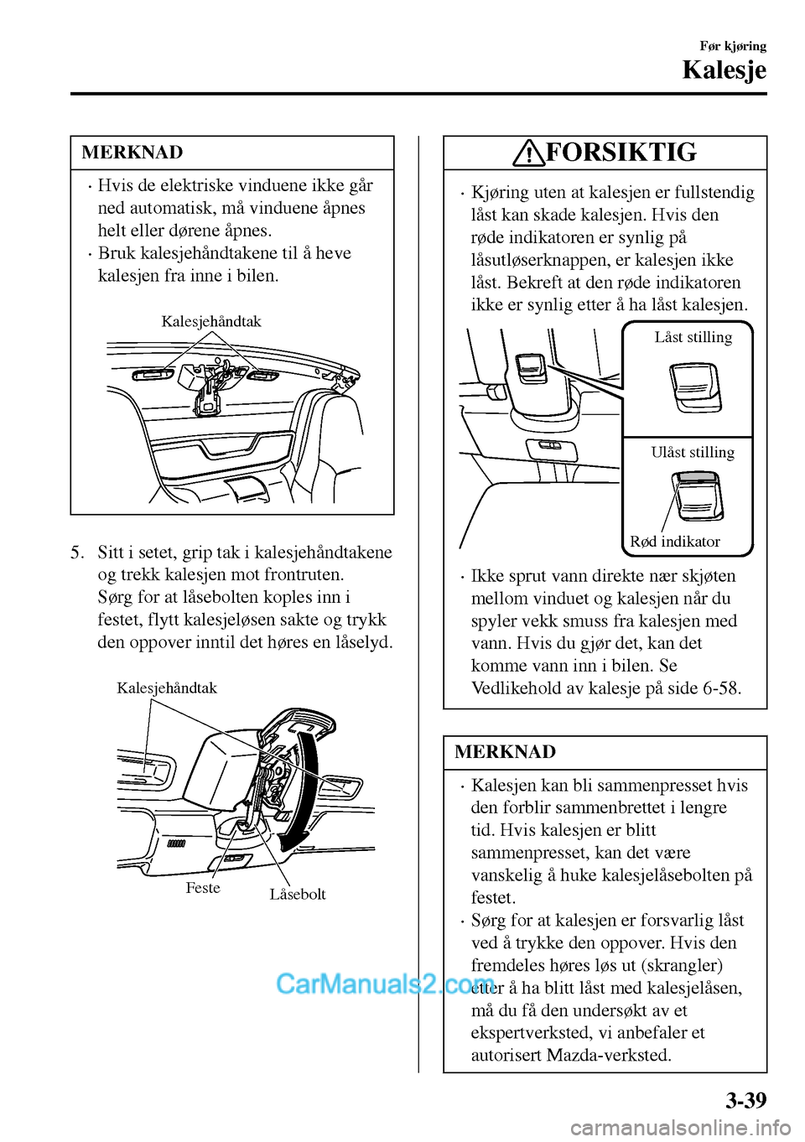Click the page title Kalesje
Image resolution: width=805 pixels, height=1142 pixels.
point(724,70)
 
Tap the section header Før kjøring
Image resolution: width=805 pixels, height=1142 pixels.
point(733,46)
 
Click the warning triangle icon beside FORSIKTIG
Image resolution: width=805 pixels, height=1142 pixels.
point(529,153)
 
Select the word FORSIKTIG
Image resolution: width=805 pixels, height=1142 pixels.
point(621,152)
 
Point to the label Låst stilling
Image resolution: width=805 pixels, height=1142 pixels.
point(693,337)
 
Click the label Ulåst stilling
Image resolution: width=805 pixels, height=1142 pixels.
point(693,452)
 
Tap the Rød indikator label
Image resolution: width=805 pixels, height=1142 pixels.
point(675,542)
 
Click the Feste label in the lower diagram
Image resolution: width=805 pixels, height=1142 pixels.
point(203,888)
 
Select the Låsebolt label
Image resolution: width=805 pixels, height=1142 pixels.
point(298,894)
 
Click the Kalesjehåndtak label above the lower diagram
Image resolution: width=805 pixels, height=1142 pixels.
point(167,688)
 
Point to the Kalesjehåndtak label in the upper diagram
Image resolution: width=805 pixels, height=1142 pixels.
point(211,322)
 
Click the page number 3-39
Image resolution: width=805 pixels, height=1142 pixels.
point(745,1100)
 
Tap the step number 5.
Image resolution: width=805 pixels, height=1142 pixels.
point(77,553)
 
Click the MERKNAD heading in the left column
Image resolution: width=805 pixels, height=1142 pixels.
point(132,153)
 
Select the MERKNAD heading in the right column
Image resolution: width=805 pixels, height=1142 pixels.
point(505,752)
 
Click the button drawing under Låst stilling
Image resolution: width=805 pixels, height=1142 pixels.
point(695,387)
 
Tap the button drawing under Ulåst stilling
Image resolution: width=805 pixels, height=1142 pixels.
point(697,496)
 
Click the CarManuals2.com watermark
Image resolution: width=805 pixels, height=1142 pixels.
point(385,984)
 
